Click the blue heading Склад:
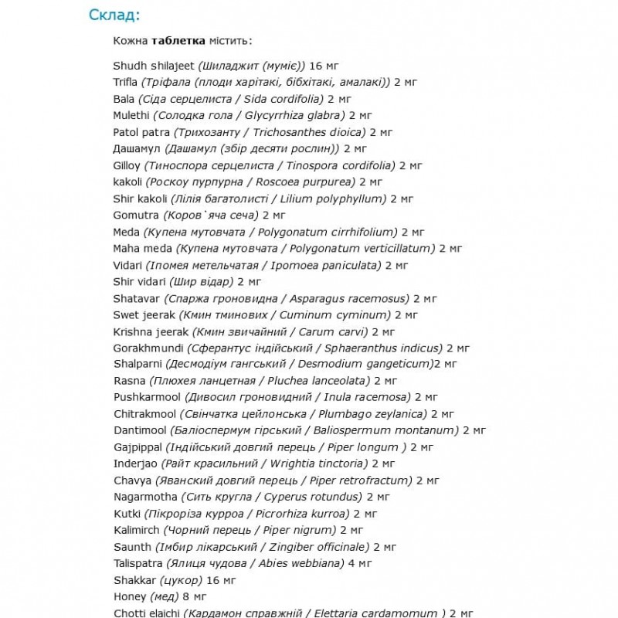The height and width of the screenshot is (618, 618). pos(115,15)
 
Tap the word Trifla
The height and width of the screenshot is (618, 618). pos(125,82)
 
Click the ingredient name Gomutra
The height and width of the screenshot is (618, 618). pos(135,215)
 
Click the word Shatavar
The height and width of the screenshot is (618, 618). pos(135,297)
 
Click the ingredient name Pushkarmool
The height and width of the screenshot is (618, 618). pos(145,397)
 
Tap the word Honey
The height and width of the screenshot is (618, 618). pos(129,596)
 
